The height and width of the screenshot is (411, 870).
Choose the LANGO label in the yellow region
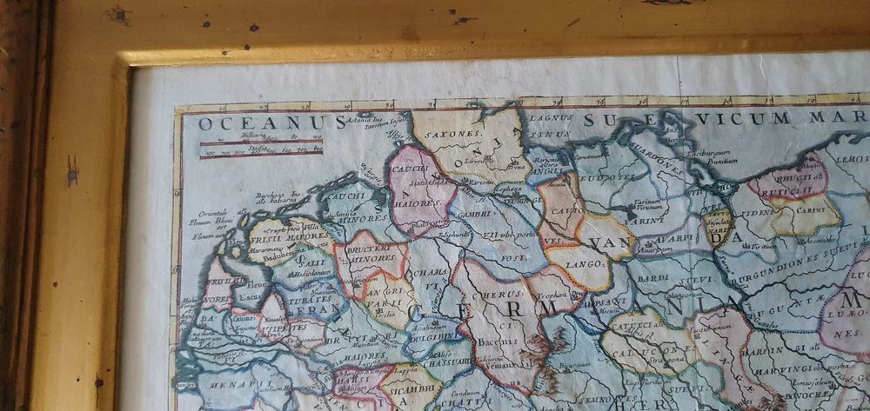[575, 260]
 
